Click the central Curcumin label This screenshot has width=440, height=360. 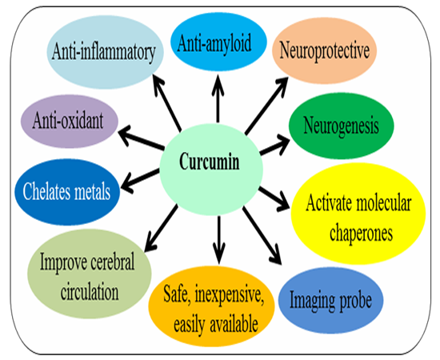pos(210,162)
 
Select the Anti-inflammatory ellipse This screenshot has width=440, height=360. pos(105,53)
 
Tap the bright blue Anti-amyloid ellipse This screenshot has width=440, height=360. pos(218,42)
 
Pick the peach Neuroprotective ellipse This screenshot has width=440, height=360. pos(324,50)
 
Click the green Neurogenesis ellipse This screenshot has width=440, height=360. pos(342,126)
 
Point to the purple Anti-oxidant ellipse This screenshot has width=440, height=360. pos(70,122)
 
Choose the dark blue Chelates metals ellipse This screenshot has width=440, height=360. pos(67,192)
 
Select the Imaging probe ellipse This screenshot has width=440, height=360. pos(330,300)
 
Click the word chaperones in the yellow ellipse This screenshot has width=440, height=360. pos(361,233)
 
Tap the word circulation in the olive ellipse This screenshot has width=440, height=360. pos(90,292)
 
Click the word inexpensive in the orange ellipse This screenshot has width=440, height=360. pos(230,295)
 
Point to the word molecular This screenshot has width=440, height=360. pos(384,203)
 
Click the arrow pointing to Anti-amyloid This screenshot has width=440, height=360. pos(218,98)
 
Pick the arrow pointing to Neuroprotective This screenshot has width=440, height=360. pos(266,106)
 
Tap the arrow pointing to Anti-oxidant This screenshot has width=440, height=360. pos(141,138)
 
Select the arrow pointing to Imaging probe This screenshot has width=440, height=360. pos(262,235)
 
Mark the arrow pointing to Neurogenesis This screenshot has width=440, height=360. pos(274,144)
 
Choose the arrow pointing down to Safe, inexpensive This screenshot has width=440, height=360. pos(219,240)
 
